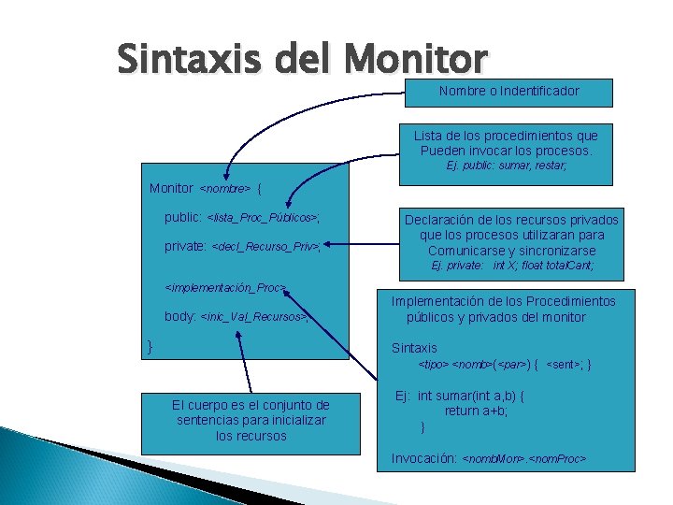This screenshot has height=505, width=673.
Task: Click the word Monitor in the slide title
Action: click(x=415, y=60)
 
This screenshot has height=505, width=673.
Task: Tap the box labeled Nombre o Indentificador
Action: click(x=508, y=92)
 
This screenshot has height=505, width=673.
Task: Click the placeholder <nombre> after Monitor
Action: click(x=225, y=189)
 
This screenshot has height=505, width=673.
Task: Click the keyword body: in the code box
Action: click(x=180, y=316)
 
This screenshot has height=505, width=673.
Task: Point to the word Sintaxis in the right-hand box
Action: click(x=414, y=348)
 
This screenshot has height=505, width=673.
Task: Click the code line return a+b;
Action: click(x=476, y=411)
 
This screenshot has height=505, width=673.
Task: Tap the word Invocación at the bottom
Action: click(x=424, y=459)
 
